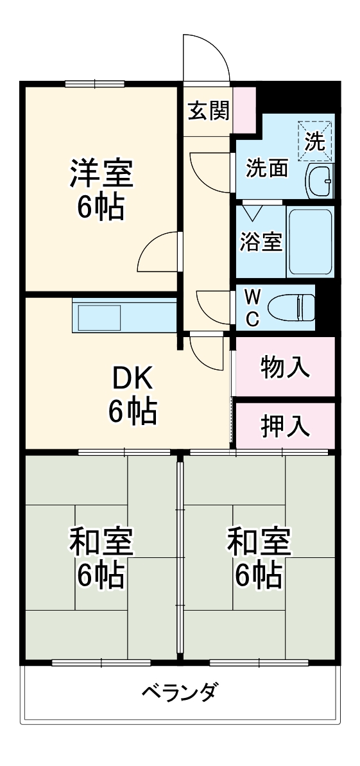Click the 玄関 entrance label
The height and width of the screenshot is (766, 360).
208,112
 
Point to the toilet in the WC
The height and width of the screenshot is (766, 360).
291,306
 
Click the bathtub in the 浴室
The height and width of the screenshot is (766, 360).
310,241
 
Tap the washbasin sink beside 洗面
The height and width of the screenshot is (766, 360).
319,181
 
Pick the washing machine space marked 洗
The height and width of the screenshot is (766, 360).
315,141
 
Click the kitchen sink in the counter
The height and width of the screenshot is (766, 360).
99,315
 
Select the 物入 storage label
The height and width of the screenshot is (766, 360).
286,368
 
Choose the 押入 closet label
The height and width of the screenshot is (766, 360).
286,425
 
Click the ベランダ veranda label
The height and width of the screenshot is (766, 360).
179,693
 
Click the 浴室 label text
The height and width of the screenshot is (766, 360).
261,242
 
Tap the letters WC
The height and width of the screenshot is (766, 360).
253,308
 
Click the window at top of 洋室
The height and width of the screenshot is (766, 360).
94,82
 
